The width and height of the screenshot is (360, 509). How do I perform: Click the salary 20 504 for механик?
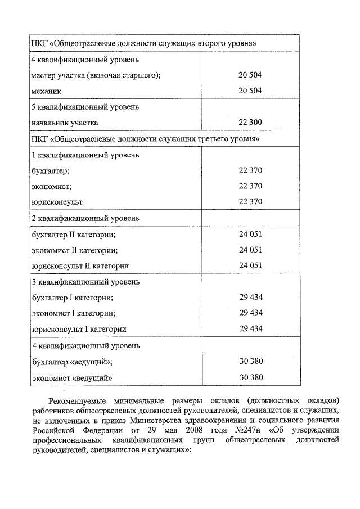point(250,91)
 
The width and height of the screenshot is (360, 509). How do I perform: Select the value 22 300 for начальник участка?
point(250,122)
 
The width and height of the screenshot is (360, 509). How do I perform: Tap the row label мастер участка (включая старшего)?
point(96,75)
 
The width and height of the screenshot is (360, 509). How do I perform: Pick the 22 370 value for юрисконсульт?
point(250,201)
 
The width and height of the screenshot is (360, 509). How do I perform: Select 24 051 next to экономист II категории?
point(250,250)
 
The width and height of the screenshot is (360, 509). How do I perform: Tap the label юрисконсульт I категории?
point(79,329)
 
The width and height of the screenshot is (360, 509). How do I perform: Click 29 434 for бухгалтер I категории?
point(250,297)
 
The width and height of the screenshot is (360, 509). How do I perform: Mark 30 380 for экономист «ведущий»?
point(250,377)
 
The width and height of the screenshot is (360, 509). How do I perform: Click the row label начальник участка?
point(65,122)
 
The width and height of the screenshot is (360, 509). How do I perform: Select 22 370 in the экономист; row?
point(250,186)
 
